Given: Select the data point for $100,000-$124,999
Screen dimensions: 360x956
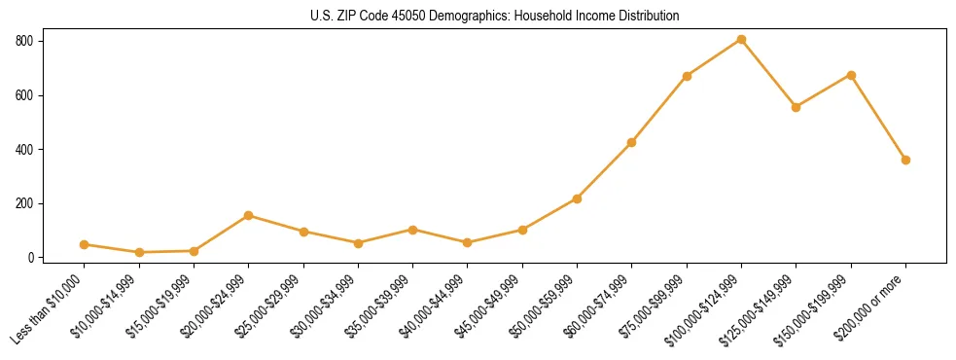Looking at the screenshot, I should (741, 40).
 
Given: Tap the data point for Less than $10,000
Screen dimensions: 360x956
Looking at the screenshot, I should (85, 245).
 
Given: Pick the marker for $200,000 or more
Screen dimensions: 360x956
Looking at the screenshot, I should (905, 160).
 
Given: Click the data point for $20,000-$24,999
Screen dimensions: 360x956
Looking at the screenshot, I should (249, 215).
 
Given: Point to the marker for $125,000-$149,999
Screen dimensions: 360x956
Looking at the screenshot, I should (796, 107).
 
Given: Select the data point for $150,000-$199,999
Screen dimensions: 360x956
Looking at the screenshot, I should (851, 75).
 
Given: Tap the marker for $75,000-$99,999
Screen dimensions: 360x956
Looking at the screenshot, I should (687, 76).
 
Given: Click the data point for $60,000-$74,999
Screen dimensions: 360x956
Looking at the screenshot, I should (632, 143).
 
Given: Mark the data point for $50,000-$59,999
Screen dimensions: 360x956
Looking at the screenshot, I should (577, 198).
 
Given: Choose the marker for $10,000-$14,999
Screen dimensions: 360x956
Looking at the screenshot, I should (139, 253).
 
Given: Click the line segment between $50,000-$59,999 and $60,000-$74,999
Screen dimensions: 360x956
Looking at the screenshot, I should (605, 170).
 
